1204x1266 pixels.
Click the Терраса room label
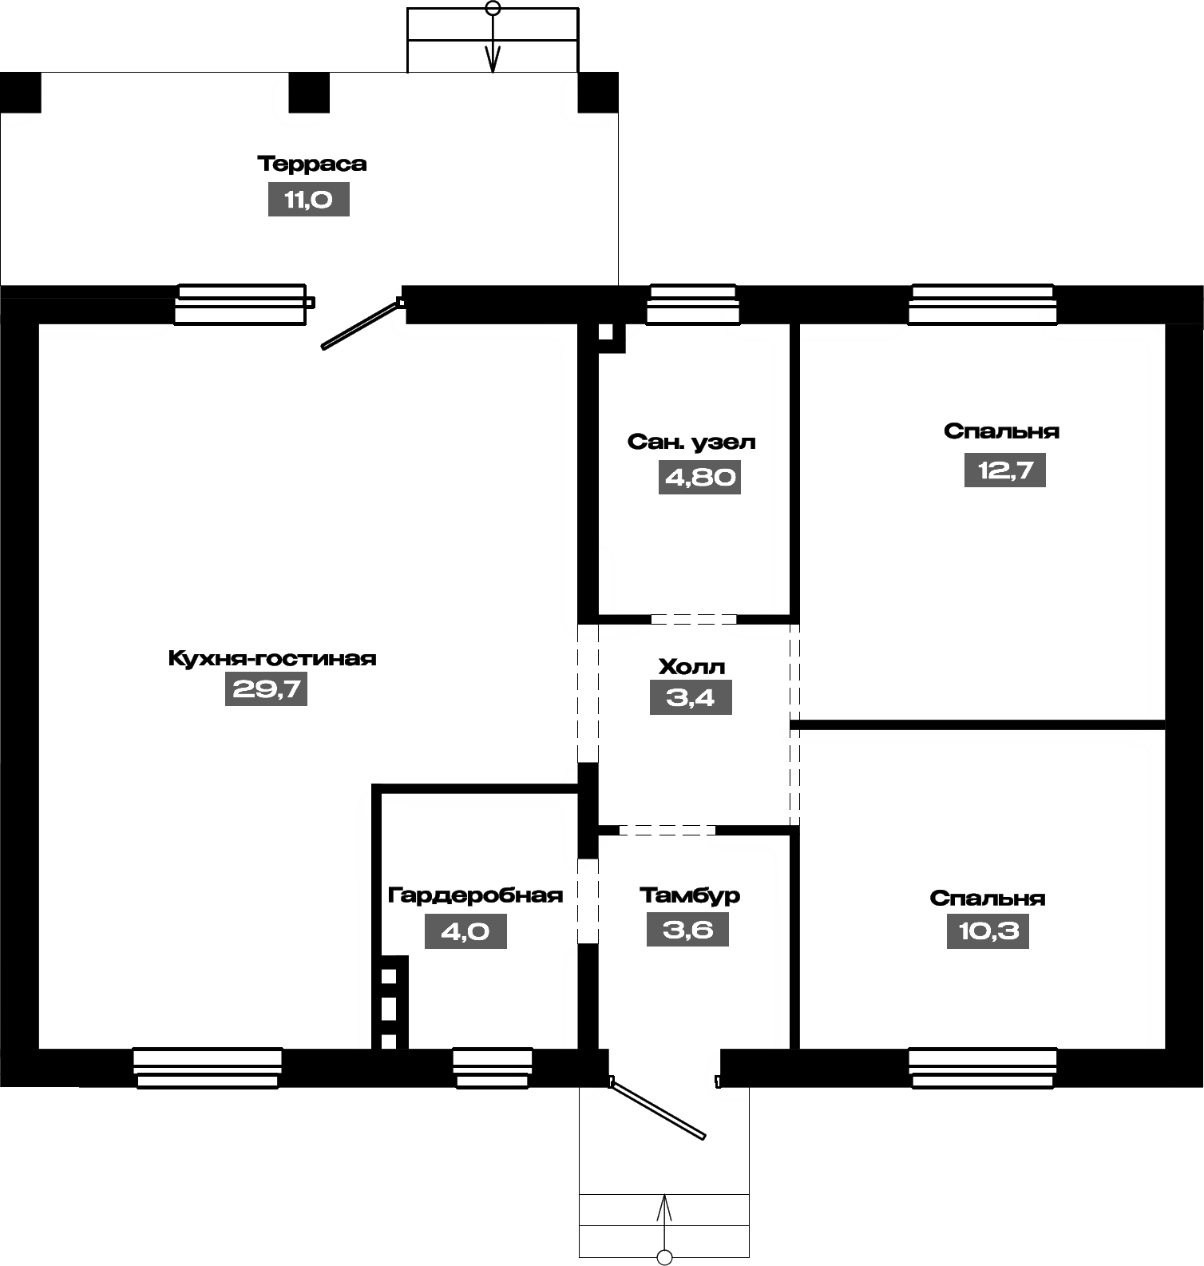point(312,164)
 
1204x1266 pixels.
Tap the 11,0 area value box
point(309,200)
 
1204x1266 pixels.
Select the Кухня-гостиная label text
point(272,658)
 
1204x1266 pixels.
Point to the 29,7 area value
point(267,689)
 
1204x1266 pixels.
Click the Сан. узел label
point(691,442)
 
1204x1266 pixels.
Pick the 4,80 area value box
point(700,477)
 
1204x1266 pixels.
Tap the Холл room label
point(691,666)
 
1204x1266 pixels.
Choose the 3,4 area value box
point(691,697)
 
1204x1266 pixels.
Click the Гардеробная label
point(475,895)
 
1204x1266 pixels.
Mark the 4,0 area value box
point(465,931)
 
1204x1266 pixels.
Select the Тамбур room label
point(690,895)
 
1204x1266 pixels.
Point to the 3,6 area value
point(687,930)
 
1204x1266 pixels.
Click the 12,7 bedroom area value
point(1005,470)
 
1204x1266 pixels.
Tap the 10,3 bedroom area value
point(988,931)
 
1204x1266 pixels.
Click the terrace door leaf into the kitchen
point(361,324)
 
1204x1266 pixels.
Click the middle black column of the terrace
point(309,93)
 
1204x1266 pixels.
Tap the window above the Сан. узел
point(693,304)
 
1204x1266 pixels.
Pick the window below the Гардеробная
point(493,1068)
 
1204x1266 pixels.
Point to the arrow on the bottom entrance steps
point(664,1225)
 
